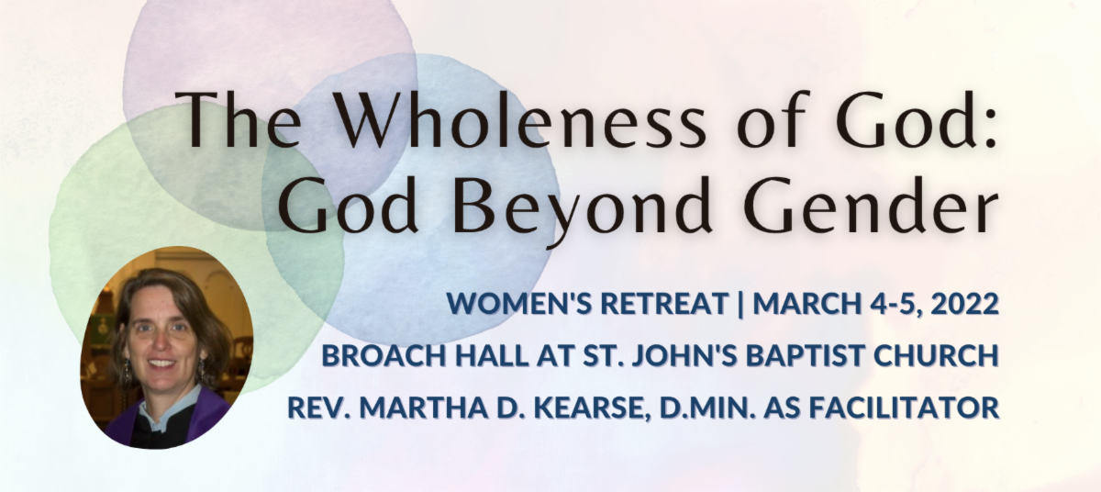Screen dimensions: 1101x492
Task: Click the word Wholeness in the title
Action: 519,120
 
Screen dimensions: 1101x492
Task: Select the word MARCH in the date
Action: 806,303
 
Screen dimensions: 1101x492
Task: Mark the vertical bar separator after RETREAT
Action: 740,304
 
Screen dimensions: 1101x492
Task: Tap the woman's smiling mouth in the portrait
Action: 161,363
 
